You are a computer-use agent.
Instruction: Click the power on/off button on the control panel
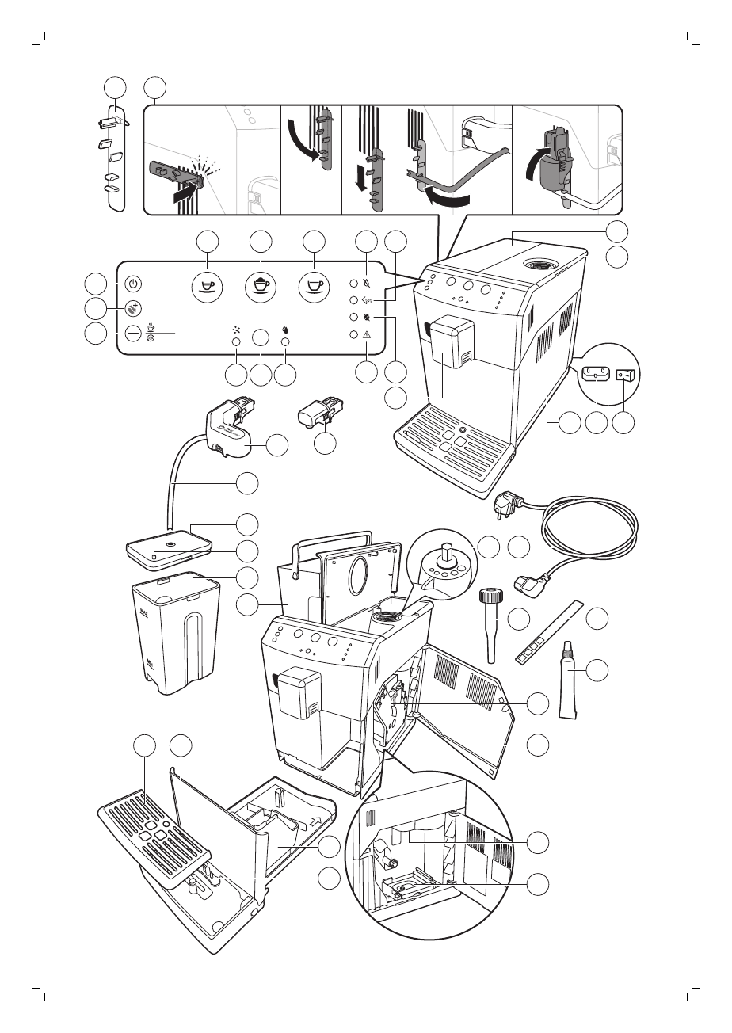[x=133, y=283]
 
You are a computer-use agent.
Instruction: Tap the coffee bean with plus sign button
[x=133, y=308]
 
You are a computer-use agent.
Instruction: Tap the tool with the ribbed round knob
[x=489, y=610]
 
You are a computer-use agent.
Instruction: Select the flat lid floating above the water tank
[x=169, y=547]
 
